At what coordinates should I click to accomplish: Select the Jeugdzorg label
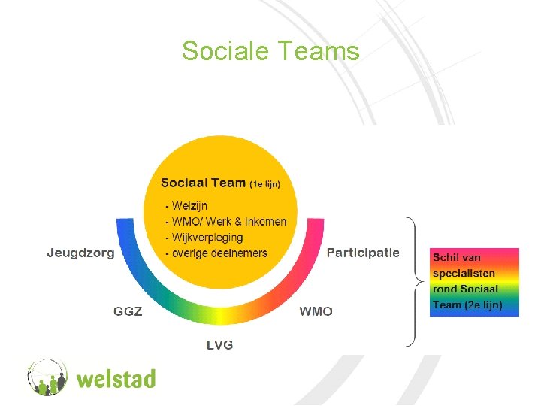(80, 253)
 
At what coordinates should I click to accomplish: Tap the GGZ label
(128, 311)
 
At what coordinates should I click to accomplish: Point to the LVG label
(220, 344)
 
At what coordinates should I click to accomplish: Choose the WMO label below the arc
(316, 311)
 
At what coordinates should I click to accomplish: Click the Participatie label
(363, 253)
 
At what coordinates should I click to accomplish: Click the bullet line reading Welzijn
(188, 205)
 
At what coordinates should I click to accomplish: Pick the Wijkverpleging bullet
(206, 237)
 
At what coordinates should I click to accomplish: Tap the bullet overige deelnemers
(218, 253)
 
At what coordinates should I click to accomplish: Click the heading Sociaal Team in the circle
(203, 182)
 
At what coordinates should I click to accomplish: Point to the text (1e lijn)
(265, 183)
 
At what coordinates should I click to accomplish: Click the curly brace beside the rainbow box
(412, 282)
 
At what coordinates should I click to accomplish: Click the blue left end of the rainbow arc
(125, 234)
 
